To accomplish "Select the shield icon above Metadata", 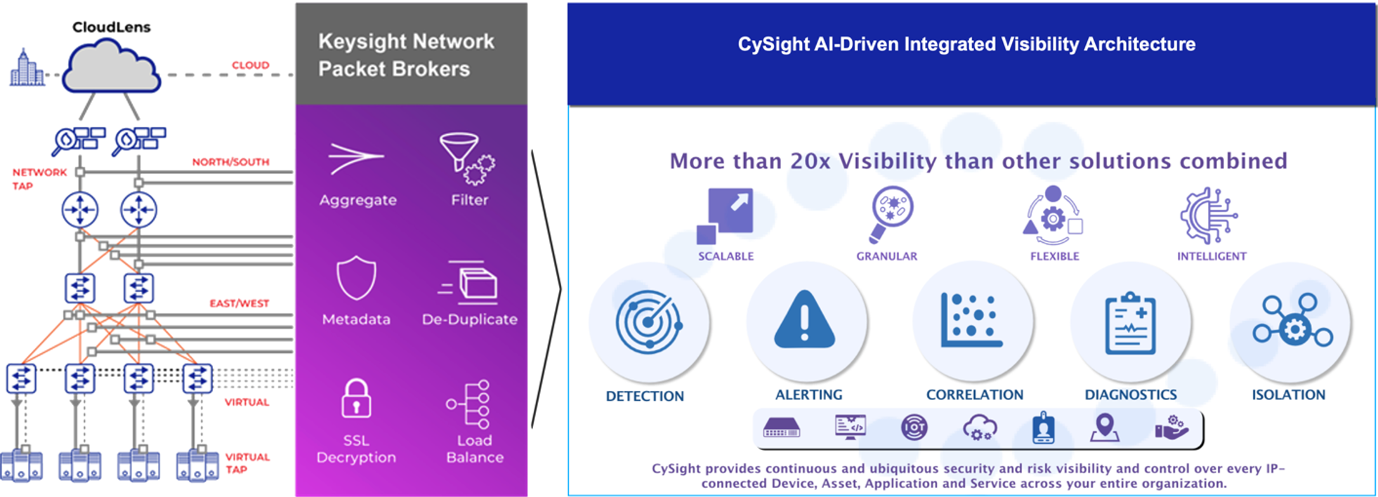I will click(x=356, y=279).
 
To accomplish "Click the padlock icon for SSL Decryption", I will click(x=356, y=399).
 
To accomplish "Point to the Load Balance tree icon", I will click(x=471, y=404).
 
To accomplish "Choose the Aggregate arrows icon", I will click(x=356, y=159).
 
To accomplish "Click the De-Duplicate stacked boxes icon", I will click(x=469, y=282).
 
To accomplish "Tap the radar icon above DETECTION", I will click(x=648, y=322).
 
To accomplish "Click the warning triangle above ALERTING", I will click(x=805, y=321).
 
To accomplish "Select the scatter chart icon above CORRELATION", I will click(x=971, y=320).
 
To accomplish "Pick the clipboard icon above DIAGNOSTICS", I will click(x=1129, y=324).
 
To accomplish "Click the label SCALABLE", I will click(x=726, y=256).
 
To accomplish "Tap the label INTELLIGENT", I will click(x=1212, y=256).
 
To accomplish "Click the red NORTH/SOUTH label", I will click(x=230, y=162).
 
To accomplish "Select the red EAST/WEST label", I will click(x=239, y=303).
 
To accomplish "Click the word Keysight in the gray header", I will click(x=362, y=42).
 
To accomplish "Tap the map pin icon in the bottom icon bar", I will click(x=1104, y=427).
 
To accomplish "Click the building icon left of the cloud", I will click(x=27, y=68).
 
